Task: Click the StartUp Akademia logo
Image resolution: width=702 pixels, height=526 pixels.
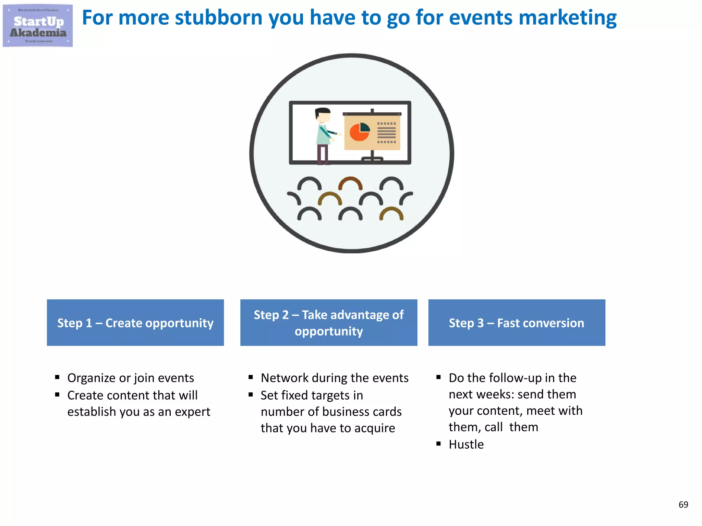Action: (38, 26)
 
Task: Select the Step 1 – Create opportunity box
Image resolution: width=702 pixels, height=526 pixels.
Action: (135, 323)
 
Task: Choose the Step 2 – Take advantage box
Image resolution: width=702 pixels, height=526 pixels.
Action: (329, 323)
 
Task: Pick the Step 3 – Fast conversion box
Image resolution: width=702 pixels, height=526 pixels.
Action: (517, 323)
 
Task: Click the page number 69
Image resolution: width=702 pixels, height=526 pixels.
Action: (683, 504)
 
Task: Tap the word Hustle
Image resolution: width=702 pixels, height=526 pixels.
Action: (466, 444)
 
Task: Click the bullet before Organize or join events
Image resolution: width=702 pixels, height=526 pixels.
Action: (57, 377)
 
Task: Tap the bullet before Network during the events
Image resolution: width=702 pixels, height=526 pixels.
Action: (251, 377)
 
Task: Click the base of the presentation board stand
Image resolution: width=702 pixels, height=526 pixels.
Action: (372, 159)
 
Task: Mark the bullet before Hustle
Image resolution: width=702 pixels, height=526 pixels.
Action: (438, 444)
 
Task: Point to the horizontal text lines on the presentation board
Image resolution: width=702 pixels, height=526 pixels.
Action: (387, 133)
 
